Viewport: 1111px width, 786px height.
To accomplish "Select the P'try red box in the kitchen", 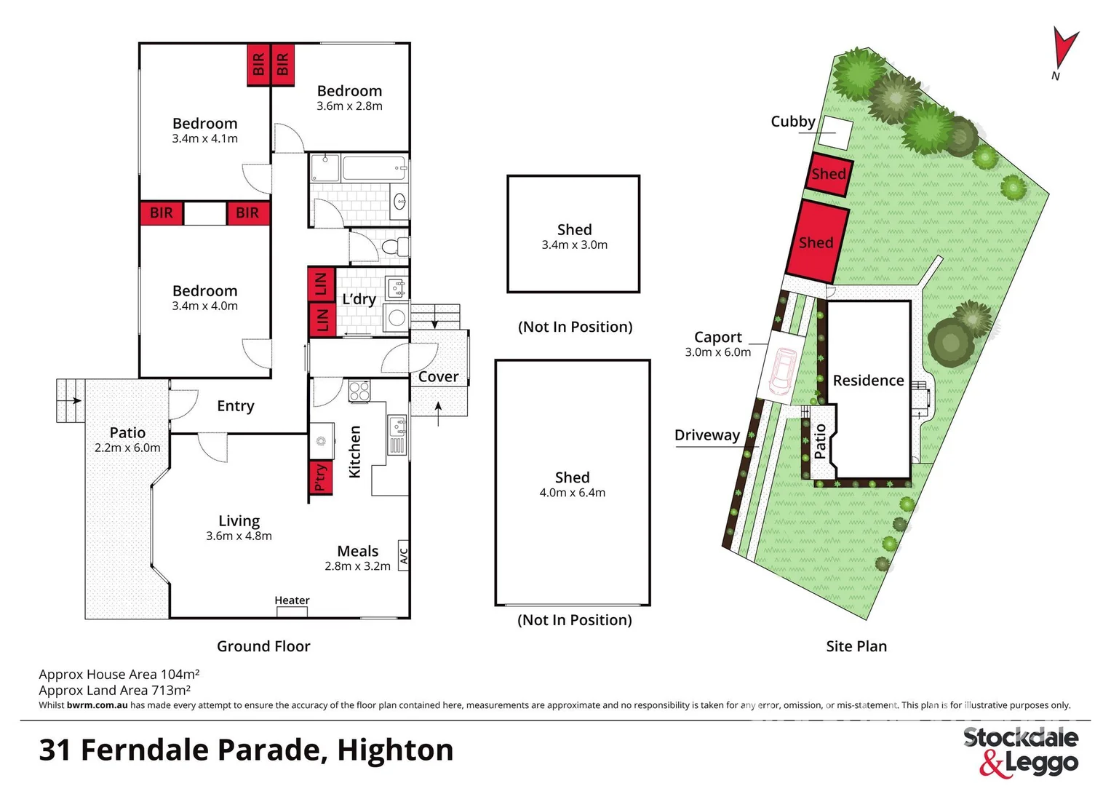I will point(320,478).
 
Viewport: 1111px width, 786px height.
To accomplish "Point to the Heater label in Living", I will point(292,600).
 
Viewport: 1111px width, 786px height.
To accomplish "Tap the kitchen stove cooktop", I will point(359,392).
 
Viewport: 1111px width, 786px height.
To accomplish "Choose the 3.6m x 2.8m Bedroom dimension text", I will point(349,106).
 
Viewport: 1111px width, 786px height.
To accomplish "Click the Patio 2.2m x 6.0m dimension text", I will point(127,448).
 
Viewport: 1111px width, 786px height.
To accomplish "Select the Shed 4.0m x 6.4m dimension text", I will point(572,493).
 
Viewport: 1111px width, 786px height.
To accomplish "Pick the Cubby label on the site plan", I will point(792,122).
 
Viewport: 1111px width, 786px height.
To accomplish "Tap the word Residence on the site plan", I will point(868,381).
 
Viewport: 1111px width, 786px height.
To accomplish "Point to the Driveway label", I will point(706,435).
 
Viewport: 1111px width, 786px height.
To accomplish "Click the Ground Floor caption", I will point(263,646).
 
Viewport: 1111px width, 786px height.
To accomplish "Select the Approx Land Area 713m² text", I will point(115,690).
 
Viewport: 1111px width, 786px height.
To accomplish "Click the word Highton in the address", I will point(395,750).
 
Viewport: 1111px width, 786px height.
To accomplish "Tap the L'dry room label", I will point(359,299).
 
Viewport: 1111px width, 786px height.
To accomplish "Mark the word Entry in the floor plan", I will point(236,406).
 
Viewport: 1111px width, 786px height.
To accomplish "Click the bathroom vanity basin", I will point(399,202).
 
